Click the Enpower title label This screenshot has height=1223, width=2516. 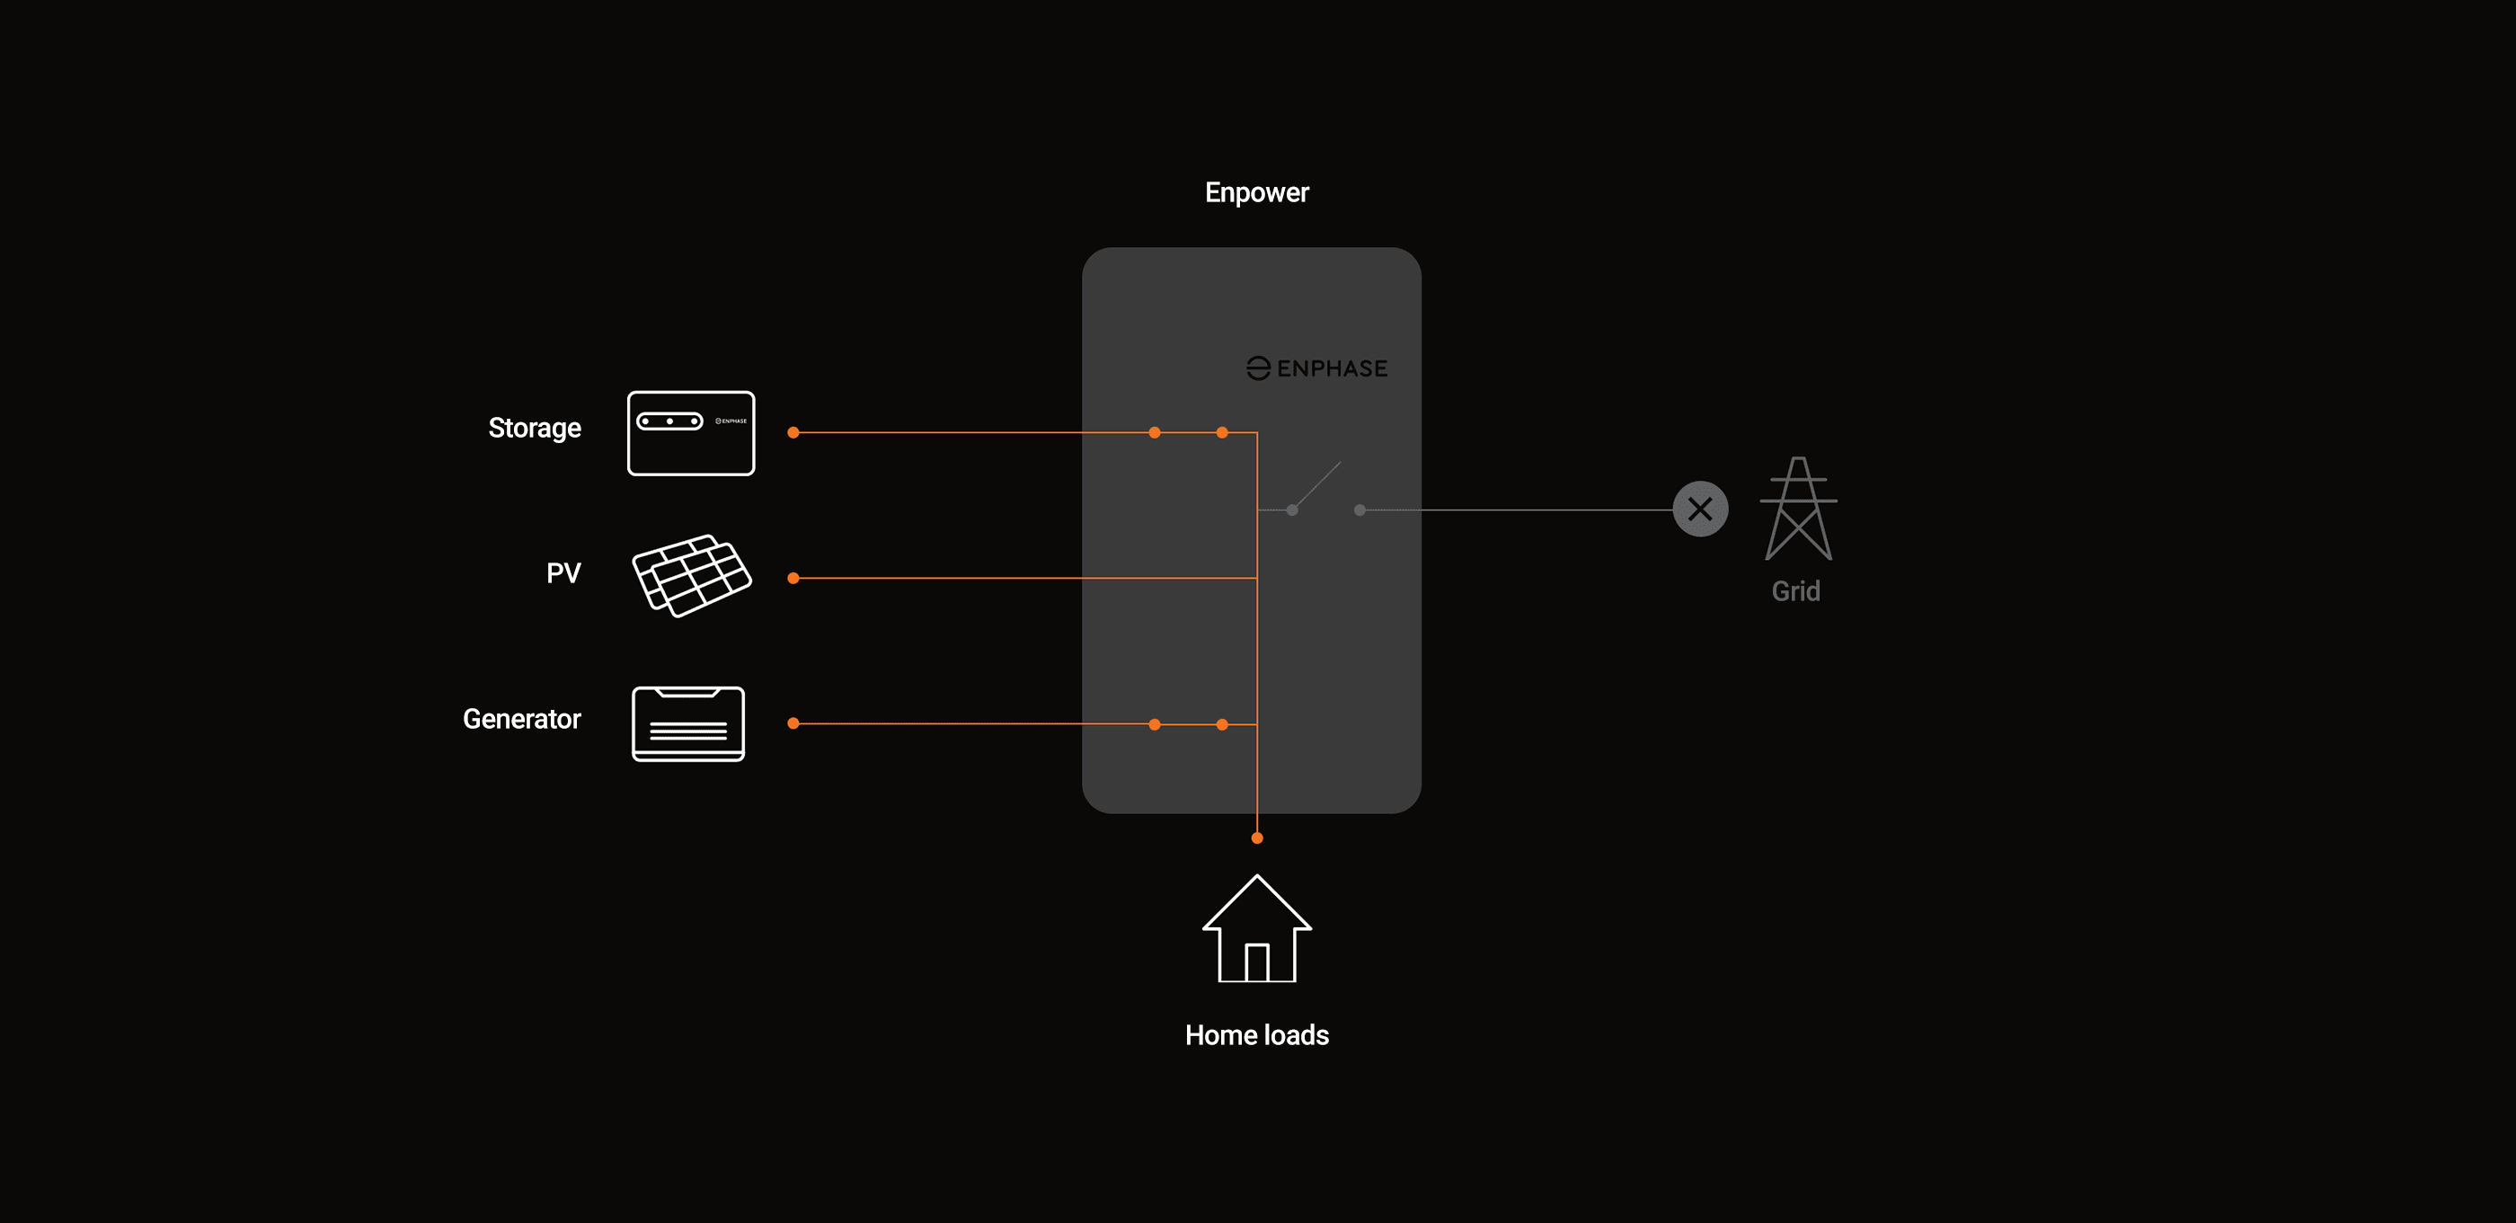(1256, 192)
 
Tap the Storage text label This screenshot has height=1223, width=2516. (535, 428)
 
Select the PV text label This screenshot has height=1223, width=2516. (563, 572)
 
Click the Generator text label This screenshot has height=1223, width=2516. (521, 719)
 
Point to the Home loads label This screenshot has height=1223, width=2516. (1256, 1034)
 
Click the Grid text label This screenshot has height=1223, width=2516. (1795, 591)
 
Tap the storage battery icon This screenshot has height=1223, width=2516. (690, 433)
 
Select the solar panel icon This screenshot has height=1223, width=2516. (692, 575)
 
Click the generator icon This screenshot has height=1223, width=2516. (687, 724)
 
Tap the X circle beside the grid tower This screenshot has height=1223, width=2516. (1699, 509)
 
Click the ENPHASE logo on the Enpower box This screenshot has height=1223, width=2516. (1316, 368)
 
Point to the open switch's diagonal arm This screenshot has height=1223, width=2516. (1317, 484)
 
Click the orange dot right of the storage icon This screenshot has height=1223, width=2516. (793, 433)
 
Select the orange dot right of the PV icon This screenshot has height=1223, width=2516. (793, 579)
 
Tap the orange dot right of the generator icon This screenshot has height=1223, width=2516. (793, 724)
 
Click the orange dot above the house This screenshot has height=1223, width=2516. (1257, 838)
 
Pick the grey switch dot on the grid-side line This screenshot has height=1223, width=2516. (1360, 510)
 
